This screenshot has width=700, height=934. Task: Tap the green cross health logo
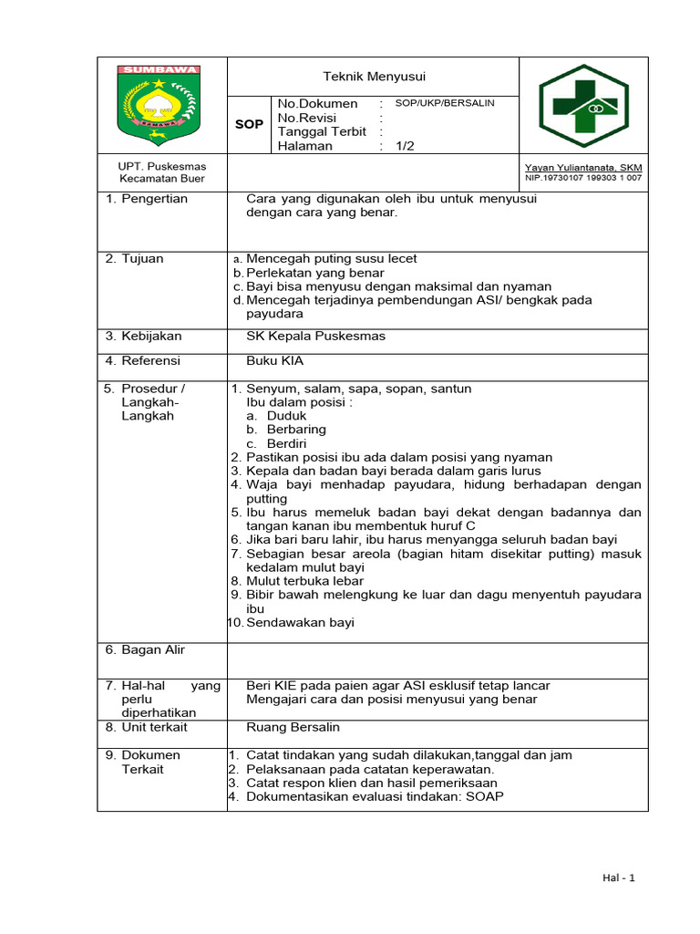[x=583, y=105]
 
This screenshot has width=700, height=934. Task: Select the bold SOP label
[x=249, y=124]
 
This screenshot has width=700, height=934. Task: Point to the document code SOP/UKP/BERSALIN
[x=445, y=103]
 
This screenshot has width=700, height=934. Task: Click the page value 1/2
[x=406, y=146]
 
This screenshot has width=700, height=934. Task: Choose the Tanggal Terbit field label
[x=322, y=131]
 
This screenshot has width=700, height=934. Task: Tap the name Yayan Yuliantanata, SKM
[x=582, y=168]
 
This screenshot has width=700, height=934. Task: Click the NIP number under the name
[x=582, y=178]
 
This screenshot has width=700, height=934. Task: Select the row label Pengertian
[x=151, y=199]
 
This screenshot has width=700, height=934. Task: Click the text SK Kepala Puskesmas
[x=315, y=336]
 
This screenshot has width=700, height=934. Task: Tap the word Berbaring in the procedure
[x=296, y=429]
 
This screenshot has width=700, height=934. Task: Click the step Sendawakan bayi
[x=300, y=622]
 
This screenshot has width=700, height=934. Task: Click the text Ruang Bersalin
[x=293, y=727]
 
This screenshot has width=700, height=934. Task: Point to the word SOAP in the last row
[x=485, y=796]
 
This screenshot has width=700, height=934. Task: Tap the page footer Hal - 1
[x=619, y=877]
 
